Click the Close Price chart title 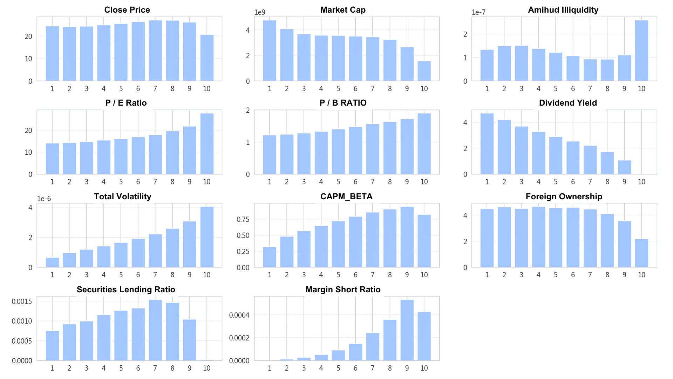[x=127, y=10]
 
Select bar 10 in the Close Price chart [x=207, y=58]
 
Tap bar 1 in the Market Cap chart [x=270, y=51]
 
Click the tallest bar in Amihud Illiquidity [x=641, y=51]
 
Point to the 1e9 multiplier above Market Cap [x=260, y=12]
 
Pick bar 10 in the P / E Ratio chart [x=207, y=144]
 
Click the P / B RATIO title [x=343, y=103]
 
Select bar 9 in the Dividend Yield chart [x=624, y=167]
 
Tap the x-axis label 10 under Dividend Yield [x=641, y=182]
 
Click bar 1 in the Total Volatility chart [x=52, y=262]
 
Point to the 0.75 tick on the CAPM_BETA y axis [x=243, y=219]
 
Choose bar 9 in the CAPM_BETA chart [x=407, y=237]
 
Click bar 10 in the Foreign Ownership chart [x=641, y=253]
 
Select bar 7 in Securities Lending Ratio [x=155, y=330]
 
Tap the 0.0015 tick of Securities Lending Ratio [x=22, y=301]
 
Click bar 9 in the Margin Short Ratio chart [x=407, y=330]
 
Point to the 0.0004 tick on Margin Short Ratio [x=239, y=315]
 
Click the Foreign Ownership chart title [x=564, y=197]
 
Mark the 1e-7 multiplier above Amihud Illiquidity [x=478, y=12]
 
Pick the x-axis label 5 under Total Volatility [x=121, y=275]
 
